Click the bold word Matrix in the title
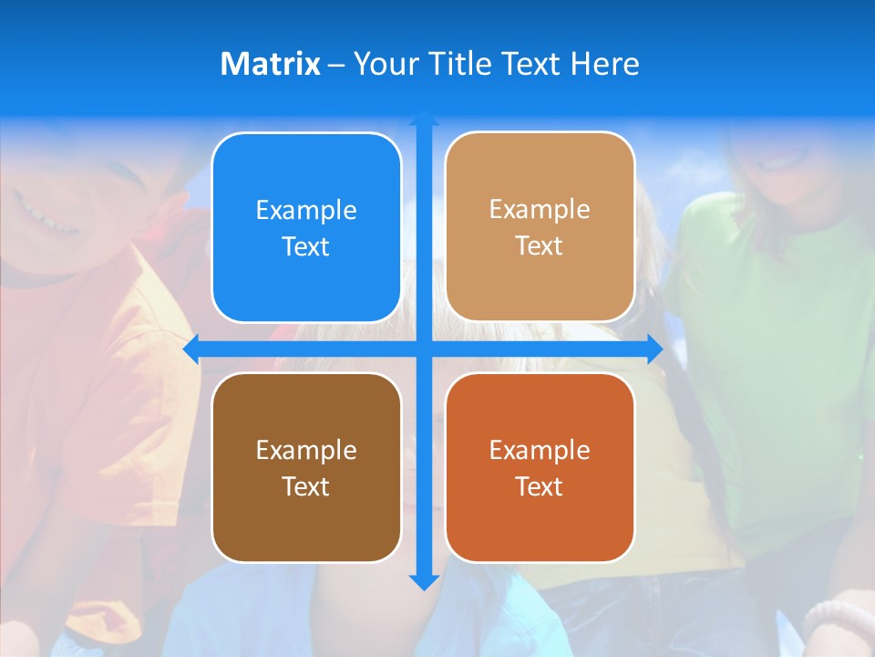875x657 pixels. click(x=270, y=64)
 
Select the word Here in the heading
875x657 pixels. click(x=605, y=64)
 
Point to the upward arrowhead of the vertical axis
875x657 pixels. click(x=424, y=119)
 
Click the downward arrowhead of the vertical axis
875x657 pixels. click(x=424, y=581)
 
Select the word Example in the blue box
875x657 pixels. click(x=306, y=211)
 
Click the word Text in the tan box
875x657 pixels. click(x=540, y=246)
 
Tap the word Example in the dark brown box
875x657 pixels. click(x=306, y=451)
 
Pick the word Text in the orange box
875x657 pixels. click(x=540, y=487)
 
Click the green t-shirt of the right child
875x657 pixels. click(x=775, y=347)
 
